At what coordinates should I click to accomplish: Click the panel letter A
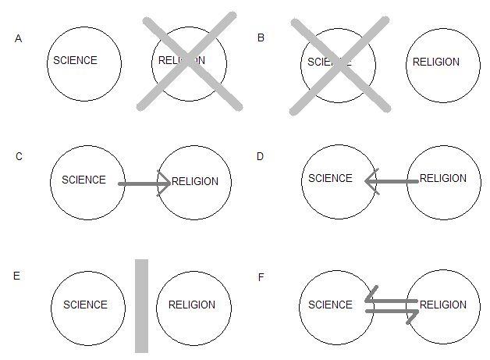click(18, 37)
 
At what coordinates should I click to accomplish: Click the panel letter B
click(261, 37)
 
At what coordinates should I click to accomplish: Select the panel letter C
click(19, 156)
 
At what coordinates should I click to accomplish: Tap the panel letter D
click(261, 156)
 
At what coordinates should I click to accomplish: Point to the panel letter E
click(18, 276)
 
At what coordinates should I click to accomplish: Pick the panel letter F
click(261, 276)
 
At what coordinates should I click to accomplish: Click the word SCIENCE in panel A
click(75, 60)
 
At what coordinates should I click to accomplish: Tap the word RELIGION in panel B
click(435, 62)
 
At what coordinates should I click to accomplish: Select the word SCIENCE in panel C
click(83, 180)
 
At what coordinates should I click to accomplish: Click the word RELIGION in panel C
click(195, 182)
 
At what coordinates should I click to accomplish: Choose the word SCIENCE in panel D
click(330, 178)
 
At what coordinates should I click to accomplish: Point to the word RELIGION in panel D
click(443, 178)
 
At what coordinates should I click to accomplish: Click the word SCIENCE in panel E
click(85, 305)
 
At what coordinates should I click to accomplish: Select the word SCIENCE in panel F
click(330, 305)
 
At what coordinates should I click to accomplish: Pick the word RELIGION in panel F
click(443, 305)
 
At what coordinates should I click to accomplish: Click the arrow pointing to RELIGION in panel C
click(144, 184)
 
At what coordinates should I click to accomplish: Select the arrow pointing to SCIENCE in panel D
click(390, 182)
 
